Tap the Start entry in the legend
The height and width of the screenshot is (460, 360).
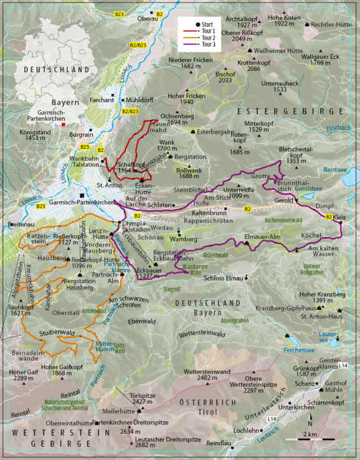pos(202,22)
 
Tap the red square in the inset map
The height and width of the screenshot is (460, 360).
pos(63,125)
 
